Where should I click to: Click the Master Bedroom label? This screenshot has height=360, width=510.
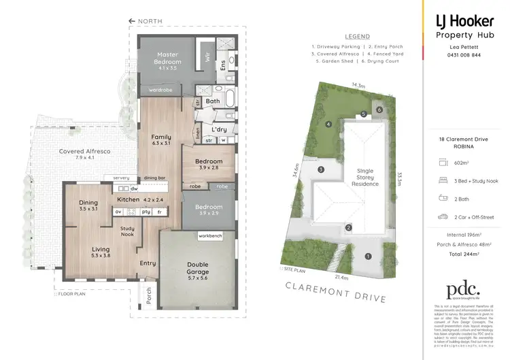pyautogui.click(x=167, y=58)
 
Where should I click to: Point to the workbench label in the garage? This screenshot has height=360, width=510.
pyautogui.click(x=211, y=235)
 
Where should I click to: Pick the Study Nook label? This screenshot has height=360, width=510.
pyautogui.click(x=127, y=232)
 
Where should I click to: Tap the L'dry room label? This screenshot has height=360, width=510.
pyautogui.click(x=218, y=129)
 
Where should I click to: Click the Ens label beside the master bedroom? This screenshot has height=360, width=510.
pyautogui.click(x=222, y=65)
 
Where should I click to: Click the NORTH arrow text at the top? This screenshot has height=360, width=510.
pyautogui.click(x=149, y=21)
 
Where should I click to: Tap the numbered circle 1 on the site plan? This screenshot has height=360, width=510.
pyautogui.click(x=368, y=257)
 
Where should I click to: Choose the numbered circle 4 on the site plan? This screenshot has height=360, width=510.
pyautogui.click(x=328, y=124)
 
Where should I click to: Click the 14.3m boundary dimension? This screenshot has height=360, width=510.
pyautogui.click(x=358, y=86)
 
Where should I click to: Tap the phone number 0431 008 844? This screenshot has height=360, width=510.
pyautogui.click(x=462, y=54)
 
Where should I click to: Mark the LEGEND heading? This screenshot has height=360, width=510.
pyautogui.click(x=357, y=36)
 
